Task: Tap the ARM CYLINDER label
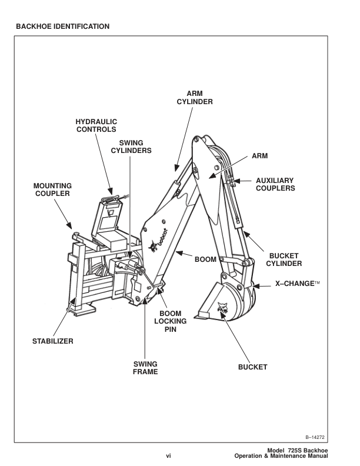[x=195, y=98]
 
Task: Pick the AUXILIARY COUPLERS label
[x=275, y=184]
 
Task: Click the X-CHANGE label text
[x=298, y=284]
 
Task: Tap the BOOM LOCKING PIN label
[x=171, y=321]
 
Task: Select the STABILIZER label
[x=52, y=342]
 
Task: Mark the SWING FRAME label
[x=145, y=368]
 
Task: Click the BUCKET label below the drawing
[x=252, y=367]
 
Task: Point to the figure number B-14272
[x=315, y=437]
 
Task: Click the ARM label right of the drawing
[x=259, y=157]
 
